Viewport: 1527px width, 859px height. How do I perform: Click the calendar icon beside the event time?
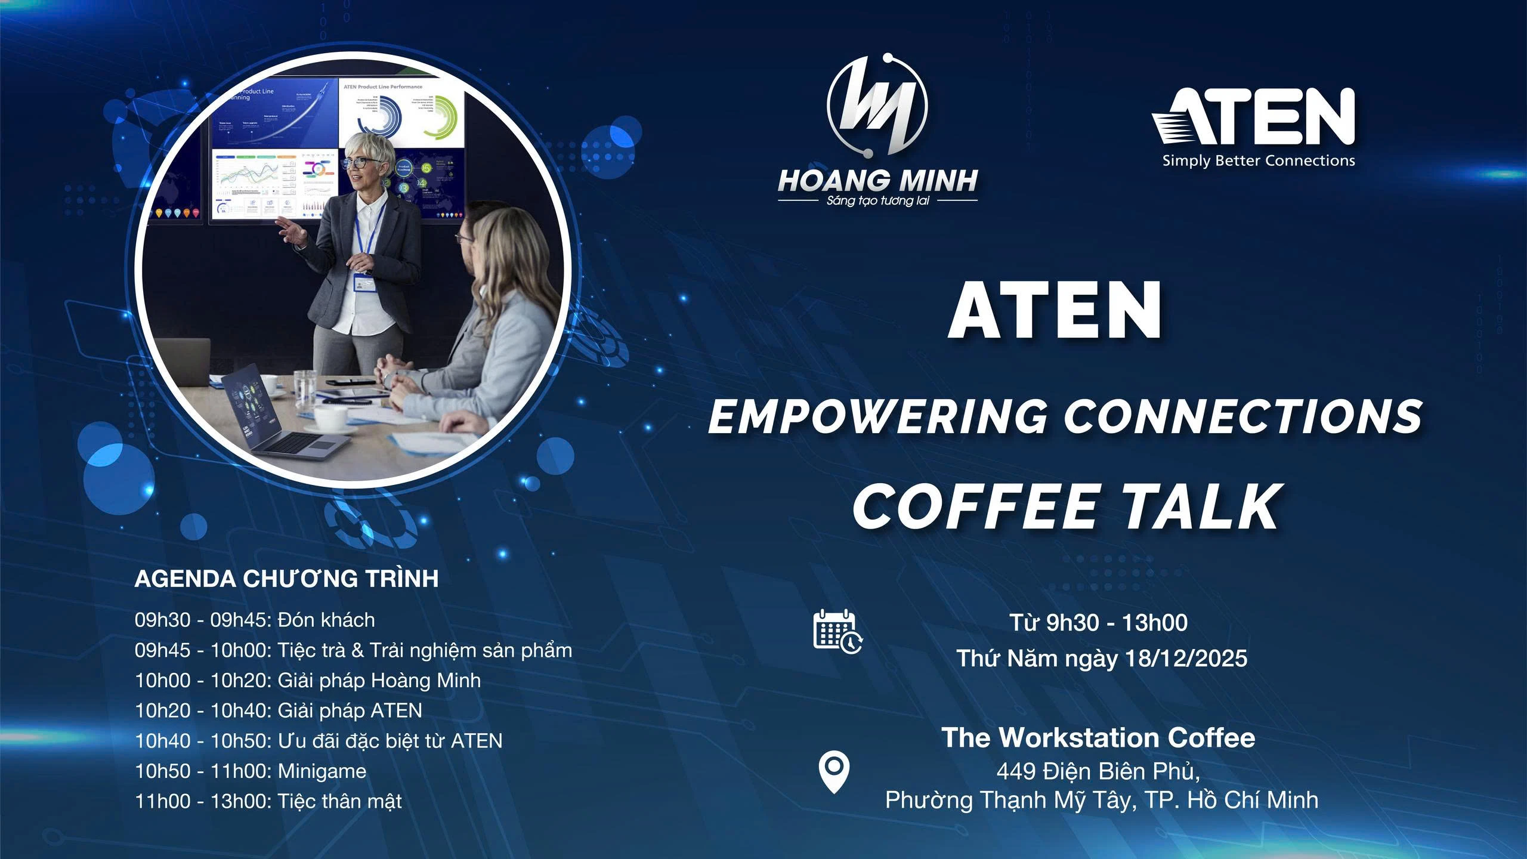[x=837, y=631]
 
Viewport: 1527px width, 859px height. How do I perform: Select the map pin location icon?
[x=834, y=772]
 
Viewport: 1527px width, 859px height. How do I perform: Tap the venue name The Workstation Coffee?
[x=1098, y=738]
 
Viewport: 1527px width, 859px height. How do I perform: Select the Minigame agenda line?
[x=251, y=771]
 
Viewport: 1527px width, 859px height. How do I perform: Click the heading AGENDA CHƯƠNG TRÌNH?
[x=286, y=579]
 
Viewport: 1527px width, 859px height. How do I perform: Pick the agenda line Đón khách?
[x=255, y=620]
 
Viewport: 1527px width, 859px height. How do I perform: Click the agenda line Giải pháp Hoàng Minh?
[x=308, y=680]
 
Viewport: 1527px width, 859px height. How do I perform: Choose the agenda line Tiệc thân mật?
[x=268, y=801]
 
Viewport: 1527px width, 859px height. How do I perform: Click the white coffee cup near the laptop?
[x=330, y=417]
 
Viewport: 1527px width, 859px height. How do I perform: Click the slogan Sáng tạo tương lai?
[x=877, y=200]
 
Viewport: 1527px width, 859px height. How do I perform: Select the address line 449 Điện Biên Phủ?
[x=1098, y=771]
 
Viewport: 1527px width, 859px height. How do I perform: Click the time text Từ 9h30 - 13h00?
[x=1098, y=623]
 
